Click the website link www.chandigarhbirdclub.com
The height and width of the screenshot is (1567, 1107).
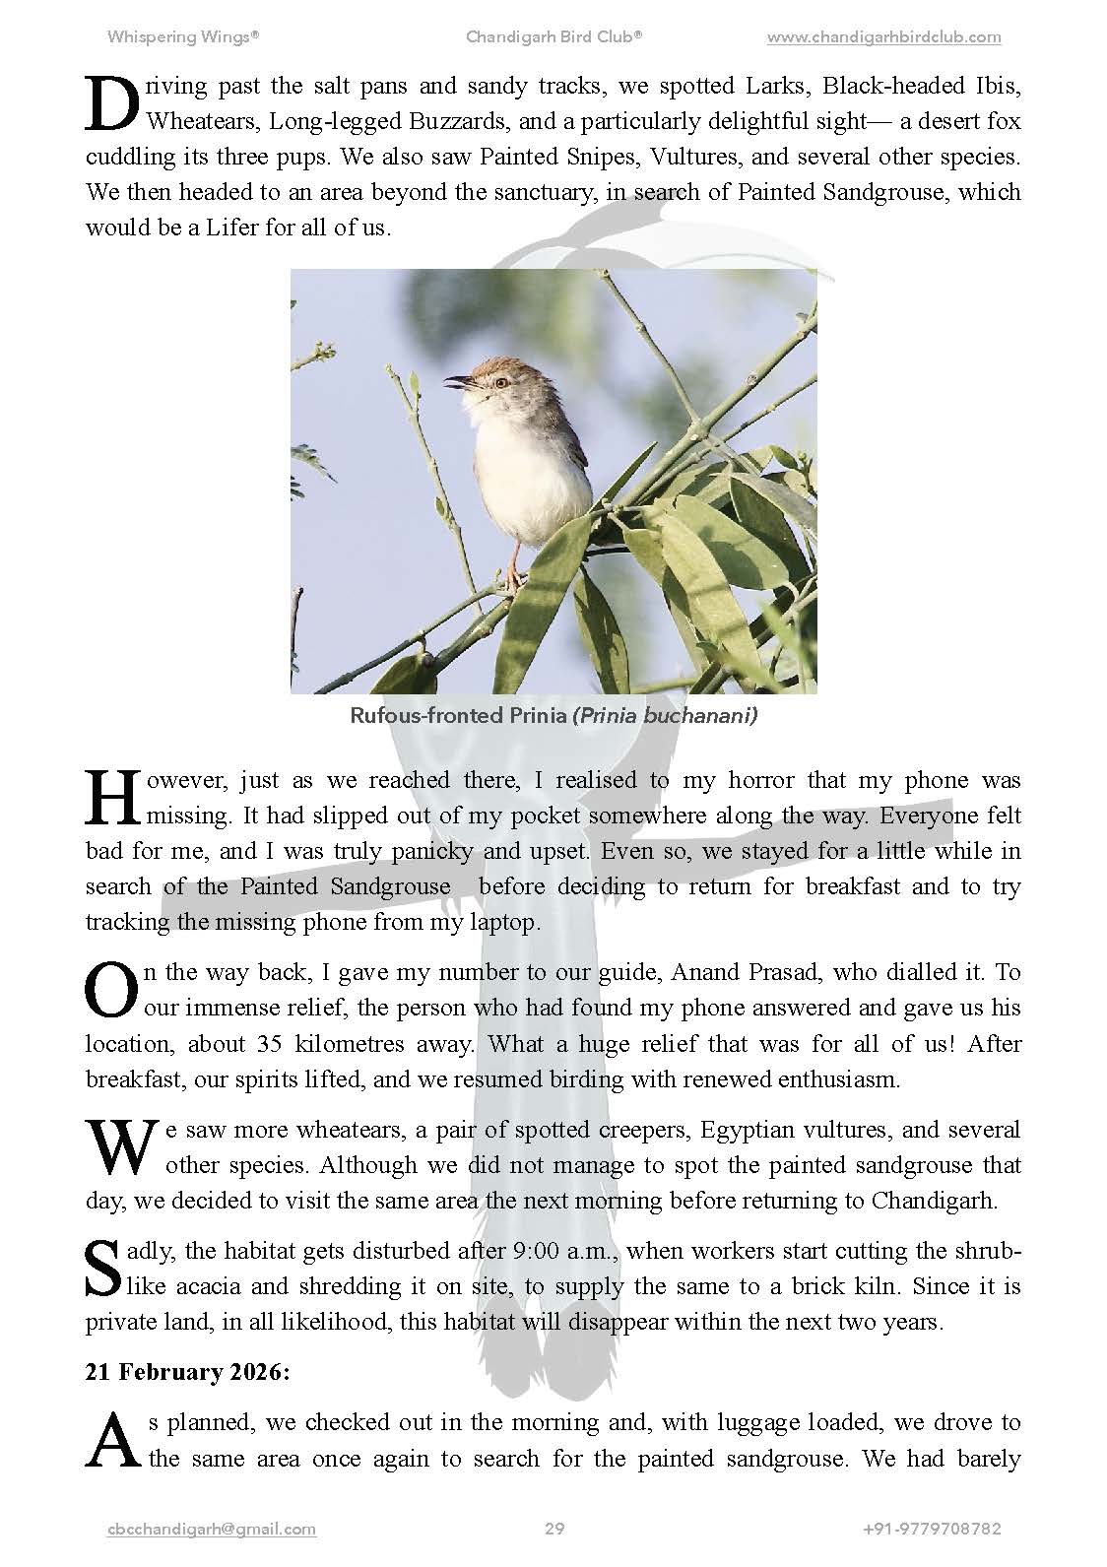pyautogui.click(x=883, y=37)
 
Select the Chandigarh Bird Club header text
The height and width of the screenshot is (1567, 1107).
pyautogui.click(x=554, y=37)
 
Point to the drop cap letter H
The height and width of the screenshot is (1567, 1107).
pyautogui.click(x=112, y=798)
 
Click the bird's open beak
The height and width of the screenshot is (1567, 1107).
pyautogui.click(x=457, y=380)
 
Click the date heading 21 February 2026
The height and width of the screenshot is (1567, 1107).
pyautogui.click(x=187, y=1373)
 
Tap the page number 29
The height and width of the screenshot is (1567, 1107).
pyautogui.click(x=554, y=1529)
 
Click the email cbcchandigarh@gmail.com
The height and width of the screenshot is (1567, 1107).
pyautogui.click(x=211, y=1529)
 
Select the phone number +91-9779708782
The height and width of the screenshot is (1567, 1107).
pyautogui.click(x=932, y=1529)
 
